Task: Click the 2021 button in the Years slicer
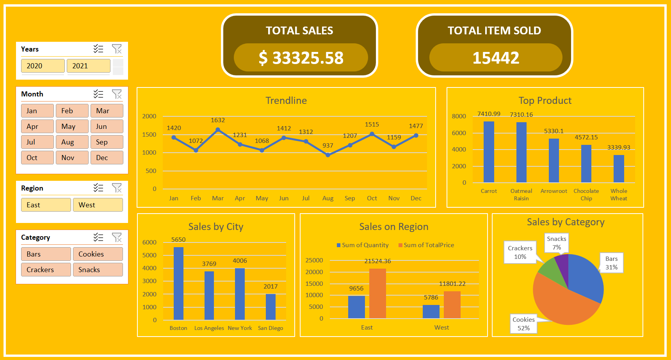coord(88,66)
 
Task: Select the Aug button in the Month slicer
coord(72,142)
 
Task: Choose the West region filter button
coord(98,205)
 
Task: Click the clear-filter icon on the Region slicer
coord(117,188)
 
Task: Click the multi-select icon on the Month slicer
coord(98,94)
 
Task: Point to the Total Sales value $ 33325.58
coord(301,58)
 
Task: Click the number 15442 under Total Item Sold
coord(496,58)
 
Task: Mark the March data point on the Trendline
coord(218,130)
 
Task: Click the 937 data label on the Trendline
coord(328,146)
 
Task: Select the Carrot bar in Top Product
coord(489,152)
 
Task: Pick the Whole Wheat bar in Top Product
coord(619,169)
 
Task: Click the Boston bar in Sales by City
coord(178,283)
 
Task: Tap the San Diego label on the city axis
coord(271,328)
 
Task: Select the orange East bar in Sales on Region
coord(377,293)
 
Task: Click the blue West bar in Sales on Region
coord(431,312)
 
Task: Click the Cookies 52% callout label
coord(523,324)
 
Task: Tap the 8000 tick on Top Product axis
coord(459,116)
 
